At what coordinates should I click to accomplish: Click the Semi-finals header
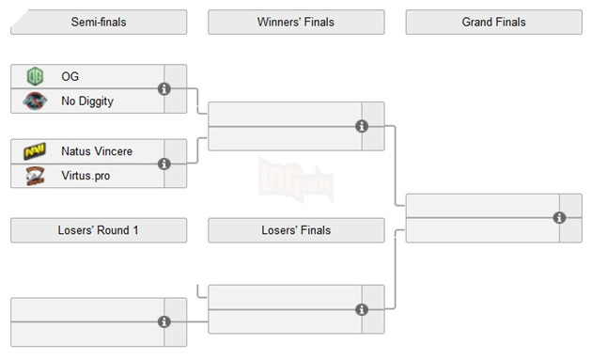point(99,22)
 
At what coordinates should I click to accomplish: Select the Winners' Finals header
point(295,22)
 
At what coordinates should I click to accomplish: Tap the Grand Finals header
point(493,22)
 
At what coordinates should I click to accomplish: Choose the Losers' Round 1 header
point(99,230)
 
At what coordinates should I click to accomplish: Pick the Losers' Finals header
point(295,230)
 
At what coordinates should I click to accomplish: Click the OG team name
point(70,76)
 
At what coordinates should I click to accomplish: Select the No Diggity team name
point(87,101)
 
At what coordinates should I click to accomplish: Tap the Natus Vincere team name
point(97,150)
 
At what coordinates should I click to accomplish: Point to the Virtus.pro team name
point(86,175)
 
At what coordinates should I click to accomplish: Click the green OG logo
point(35,76)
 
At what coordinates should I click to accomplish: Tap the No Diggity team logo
point(35,101)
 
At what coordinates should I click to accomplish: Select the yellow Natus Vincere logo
point(35,150)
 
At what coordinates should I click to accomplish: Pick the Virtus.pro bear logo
point(35,175)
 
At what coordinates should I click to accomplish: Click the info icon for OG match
point(164,88)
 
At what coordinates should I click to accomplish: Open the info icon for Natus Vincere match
point(164,163)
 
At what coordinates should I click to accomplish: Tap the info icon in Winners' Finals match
point(362,126)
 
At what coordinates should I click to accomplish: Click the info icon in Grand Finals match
point(560,218)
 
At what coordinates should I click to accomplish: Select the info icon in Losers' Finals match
point(362,309)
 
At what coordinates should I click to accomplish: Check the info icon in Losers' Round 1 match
point(164,321)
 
